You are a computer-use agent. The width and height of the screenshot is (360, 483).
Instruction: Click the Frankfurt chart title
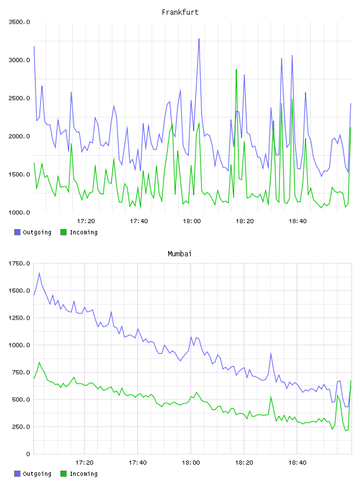[x=180, y=12]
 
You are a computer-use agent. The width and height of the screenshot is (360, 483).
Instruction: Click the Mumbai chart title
[x=179, y=253]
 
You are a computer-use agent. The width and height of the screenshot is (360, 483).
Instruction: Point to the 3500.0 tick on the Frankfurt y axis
[x=19, y=22]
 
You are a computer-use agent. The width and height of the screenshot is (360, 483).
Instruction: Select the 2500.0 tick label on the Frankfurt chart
[x=19, y=98]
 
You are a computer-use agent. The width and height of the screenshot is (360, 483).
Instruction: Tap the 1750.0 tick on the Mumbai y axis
[x=19, y=263]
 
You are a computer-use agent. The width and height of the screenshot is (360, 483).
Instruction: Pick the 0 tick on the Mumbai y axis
[x=28, y=454]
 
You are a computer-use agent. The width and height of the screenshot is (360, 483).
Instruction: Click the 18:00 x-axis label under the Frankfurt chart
[x=192, y=221]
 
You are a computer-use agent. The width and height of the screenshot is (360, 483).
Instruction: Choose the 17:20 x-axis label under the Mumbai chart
[x=85, y=462]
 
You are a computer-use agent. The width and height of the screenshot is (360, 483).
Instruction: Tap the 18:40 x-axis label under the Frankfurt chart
[x=298, y=221]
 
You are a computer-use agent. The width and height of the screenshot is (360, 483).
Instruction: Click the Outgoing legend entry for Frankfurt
[x=33, y=232]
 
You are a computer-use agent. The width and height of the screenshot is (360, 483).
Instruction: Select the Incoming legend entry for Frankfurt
[x=79, y=232]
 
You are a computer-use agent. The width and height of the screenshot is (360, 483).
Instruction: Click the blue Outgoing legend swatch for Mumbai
[x=17, y=474]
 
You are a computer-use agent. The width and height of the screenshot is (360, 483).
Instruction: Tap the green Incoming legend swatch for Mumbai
[x=63, y=474]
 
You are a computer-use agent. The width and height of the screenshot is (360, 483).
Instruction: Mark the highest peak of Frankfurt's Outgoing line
[x=199, y=39]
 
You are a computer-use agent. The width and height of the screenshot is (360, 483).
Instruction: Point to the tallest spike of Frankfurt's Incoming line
[x=236, y=70]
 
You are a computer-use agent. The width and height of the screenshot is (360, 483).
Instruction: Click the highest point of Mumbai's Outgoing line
[x=39, y=273]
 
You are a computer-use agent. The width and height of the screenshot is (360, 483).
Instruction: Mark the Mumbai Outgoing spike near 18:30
[x=271, y=353]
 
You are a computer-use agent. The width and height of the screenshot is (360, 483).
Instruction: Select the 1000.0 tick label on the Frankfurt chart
[x=19, y=212]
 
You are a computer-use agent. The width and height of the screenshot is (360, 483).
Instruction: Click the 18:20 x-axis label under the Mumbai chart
[x=245, y=462]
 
